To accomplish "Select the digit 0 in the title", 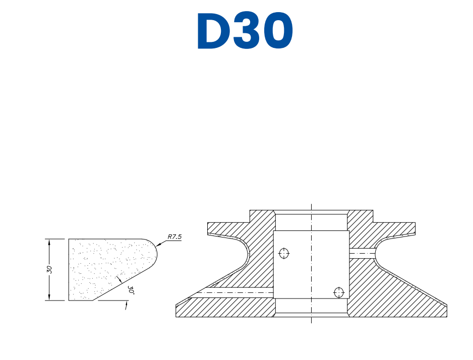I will coord(276,31).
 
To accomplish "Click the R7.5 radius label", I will coord(174,236).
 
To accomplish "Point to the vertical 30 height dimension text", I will coord(49,269).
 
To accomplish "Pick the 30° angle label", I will coord(131,290).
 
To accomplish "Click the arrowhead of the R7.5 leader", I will coord(158,246).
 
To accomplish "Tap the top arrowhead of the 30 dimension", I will coord(49,242).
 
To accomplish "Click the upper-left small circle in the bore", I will coord(284,253).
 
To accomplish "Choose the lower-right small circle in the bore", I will coord(338,292).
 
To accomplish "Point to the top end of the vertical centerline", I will coord(312,205).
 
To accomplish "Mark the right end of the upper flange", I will coord(415,228).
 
